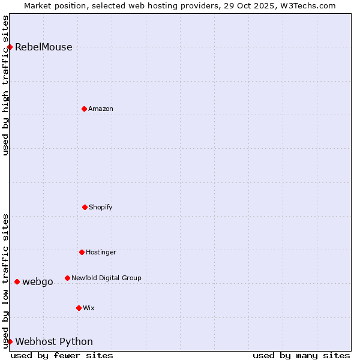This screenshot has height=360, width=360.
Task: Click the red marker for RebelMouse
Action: click(10, 47)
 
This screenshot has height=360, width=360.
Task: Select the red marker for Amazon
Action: click(84, 109)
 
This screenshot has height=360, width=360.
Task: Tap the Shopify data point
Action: click(85, 207)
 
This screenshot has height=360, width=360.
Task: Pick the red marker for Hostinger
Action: click(82, 252)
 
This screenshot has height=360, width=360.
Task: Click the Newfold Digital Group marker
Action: click(67, 278)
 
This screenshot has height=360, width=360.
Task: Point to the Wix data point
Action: click(79, 308)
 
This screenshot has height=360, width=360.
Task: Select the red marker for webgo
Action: click(17, 281)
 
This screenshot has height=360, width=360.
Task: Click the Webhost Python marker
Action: click(10, 341)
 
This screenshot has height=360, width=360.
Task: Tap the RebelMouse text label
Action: click(44, 47)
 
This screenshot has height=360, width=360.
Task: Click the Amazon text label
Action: click(101, 109)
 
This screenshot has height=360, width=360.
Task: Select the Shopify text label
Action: click(101, 207)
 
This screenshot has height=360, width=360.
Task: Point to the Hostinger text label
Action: click(101, 252)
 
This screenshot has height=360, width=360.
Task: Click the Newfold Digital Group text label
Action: click(106, 278)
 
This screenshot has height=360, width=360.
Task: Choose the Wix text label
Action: click(89, 308)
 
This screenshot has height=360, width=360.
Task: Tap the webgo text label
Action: click(38, 281)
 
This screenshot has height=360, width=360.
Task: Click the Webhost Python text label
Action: click(54, 342)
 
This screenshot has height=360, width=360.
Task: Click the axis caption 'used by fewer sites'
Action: click(62, 355)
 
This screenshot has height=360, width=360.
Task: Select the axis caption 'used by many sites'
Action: click(301, 355)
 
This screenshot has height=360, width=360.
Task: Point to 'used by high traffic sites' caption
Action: click(6, 85)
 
